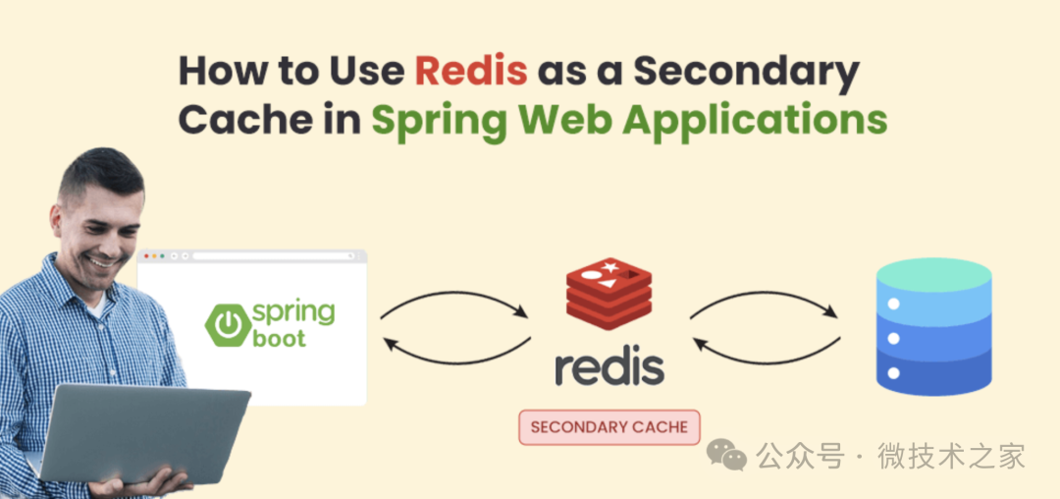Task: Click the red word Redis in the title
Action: tap(470, 71)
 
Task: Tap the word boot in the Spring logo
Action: tap(279, 339)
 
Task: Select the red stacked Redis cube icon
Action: tap(609, 293)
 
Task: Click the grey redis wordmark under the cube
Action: tap(609, 365)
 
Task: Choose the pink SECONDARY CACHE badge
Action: tap(609, 427)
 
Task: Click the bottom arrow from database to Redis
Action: tap(766, 351)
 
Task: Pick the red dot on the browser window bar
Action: tap(147, 256)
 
